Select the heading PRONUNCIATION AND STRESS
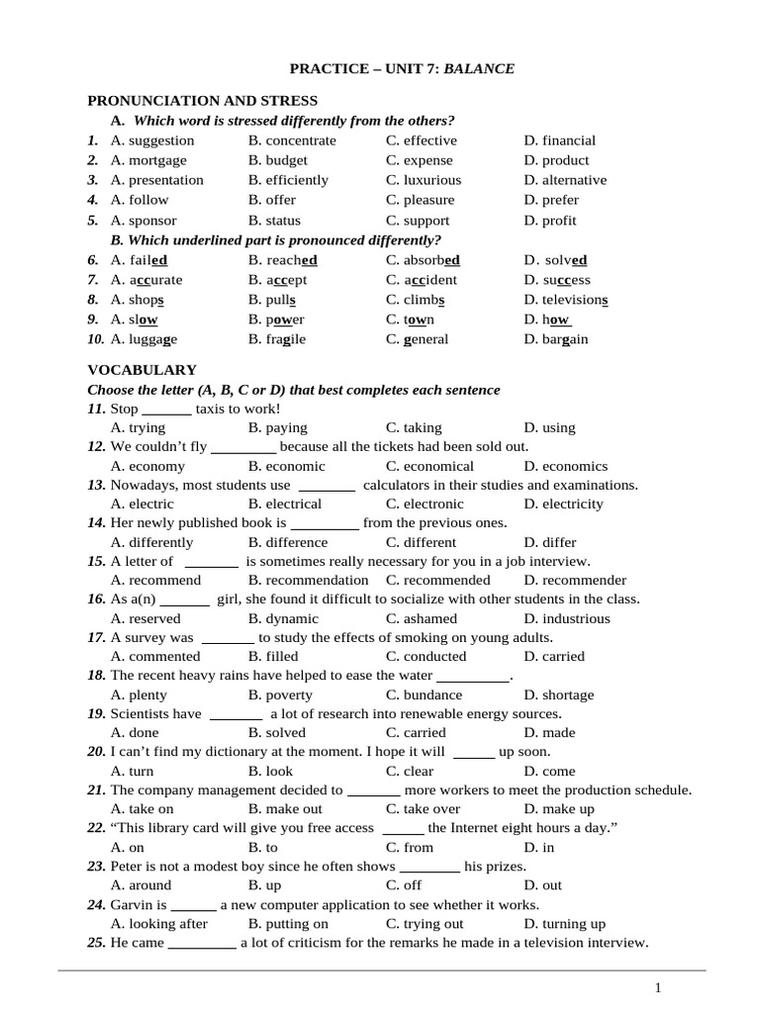[x=203, y=101]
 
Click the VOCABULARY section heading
[x=142, y=370]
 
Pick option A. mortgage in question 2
[x=148, y=160]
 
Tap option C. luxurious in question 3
[x=424, y=180]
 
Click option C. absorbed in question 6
[x=424, y=260]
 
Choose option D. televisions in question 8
[x=566, y=300]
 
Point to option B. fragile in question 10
[x=277, y=339]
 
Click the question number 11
[x=96, y=409]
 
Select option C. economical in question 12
[x=429, y=466]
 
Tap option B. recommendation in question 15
[x=308, y=581]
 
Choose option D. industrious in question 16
[x=567, y=619]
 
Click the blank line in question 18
[x=472, y=677]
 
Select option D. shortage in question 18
[x=560, y=695]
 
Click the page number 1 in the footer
[x=658, y=988]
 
